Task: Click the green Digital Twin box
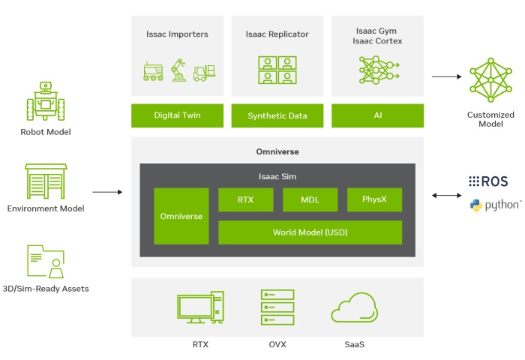[x=177, y=115]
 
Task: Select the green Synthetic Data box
[x=277, y=115]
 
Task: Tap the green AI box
[x=377, y=115]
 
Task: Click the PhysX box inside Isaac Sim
[x=374, y=199]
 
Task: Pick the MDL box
[x=310, y=199]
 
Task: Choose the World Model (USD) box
[x=310, y=232]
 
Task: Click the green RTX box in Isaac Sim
[x=246, y=199]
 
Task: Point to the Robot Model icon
[x=46, y=101]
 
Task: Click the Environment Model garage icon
[x=46, y=181]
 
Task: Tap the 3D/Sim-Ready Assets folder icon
[x=46, y=262]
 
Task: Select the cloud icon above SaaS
[x=355, y=307]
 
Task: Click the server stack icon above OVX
[x=277, y=307]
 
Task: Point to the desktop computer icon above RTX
[x=200, y=307]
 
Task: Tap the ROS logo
[x=488, y=181]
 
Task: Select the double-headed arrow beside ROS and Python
[x=447, y=195]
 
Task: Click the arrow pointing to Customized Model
[x=447, y=76]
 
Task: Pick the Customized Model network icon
[x=490, y=80]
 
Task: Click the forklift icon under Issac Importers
[x=204, y=73]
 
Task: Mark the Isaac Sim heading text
[x=277, y=176]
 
